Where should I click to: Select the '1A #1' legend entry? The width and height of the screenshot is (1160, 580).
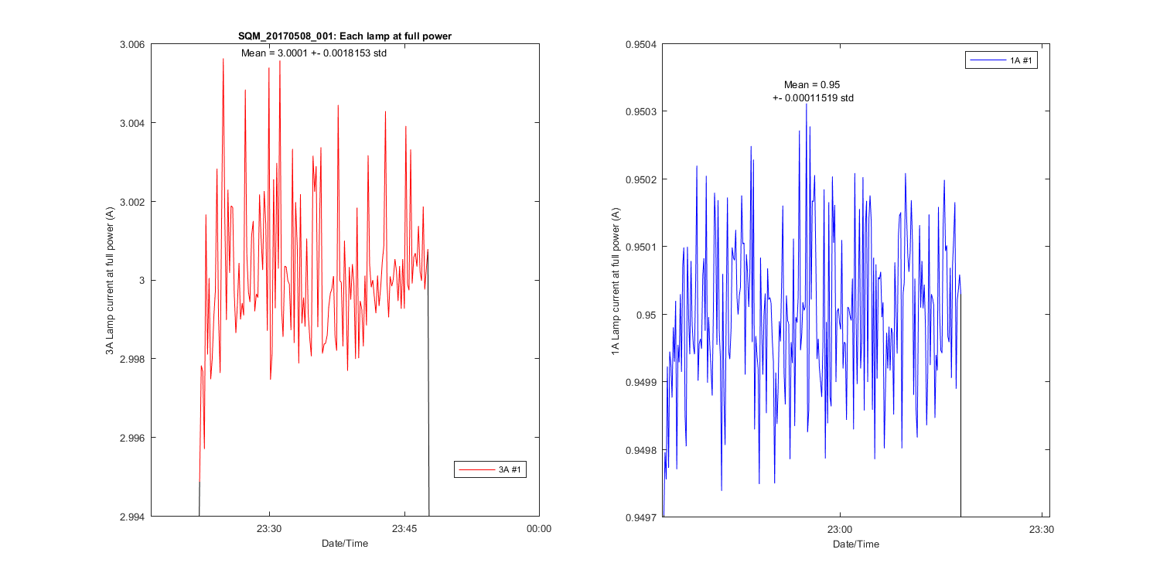[x=1018, y=60]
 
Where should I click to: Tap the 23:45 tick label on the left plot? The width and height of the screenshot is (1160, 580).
[x=404, y=530]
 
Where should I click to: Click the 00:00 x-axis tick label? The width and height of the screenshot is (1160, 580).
[x=539, y=530]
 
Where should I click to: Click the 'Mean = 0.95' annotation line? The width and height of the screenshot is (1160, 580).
[x=812, y=84]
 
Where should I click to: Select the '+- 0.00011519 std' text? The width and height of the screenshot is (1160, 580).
[x=813, y=98]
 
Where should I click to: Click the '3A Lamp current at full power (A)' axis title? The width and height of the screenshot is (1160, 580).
[x=110, y=281]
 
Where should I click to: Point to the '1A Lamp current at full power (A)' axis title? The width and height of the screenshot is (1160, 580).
[x=616, y=281]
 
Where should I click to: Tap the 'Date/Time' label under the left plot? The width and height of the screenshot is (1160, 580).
[x=345, y=544]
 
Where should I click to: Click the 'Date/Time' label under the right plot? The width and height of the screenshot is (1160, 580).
[x=855, y=544]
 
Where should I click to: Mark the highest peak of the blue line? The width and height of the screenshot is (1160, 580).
[x=807, y=103]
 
